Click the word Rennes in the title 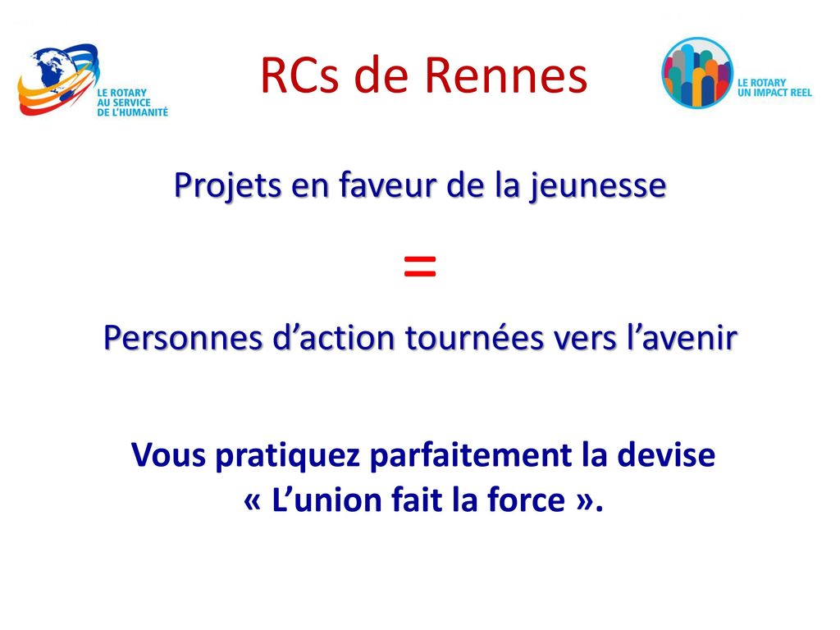click(x=506, y=75)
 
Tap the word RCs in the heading click(x=300, y=75)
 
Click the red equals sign click(x=420, y=267)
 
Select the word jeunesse click(x=598, y=186)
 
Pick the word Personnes click(x=183, y=338)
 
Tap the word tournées click(x=474, y=338)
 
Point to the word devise click(x=666, y=454)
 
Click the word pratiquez click(x=288, y=456)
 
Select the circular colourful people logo click(x=697, y=73)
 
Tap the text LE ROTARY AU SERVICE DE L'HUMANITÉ click(x=132, y=103)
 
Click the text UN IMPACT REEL click(x=774, y=93)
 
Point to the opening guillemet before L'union click(x=253, y=501)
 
